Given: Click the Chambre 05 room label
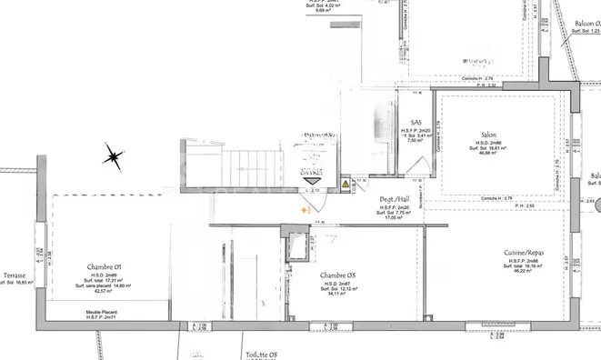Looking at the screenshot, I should pyautogui.click(x=337, y=275).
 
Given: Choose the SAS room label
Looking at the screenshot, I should pyautogui.click(x=416, y=123).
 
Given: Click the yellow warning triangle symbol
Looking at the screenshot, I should pyautogui.click(x=346, y=185).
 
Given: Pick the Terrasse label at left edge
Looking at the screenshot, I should pyautogui.click(x=14, y=275).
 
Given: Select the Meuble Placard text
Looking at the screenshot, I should pyautogui.click(x=101, y=310).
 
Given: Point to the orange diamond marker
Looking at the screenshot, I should pyautogui.click(x=306, y=211).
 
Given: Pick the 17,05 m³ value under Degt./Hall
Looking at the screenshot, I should pyautogui.click(x=394, y=218).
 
